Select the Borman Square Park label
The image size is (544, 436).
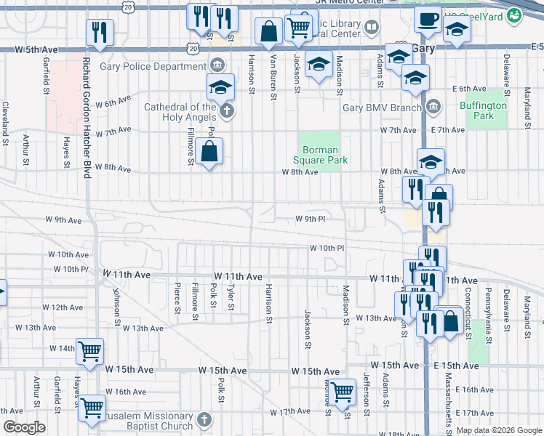click(321, 155)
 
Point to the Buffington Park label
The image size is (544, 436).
click(484, 110)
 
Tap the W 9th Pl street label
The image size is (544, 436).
click(310, 219)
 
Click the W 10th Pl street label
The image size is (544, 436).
click(326, 248)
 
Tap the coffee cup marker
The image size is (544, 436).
click(428, 18)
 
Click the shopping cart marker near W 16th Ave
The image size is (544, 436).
click(92, 407)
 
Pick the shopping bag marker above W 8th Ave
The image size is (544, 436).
click(209, 152)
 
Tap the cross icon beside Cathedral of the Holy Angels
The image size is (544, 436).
click(227, 111)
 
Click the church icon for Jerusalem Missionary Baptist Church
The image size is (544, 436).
click(205, 419)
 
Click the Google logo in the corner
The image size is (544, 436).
click(24, 428)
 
